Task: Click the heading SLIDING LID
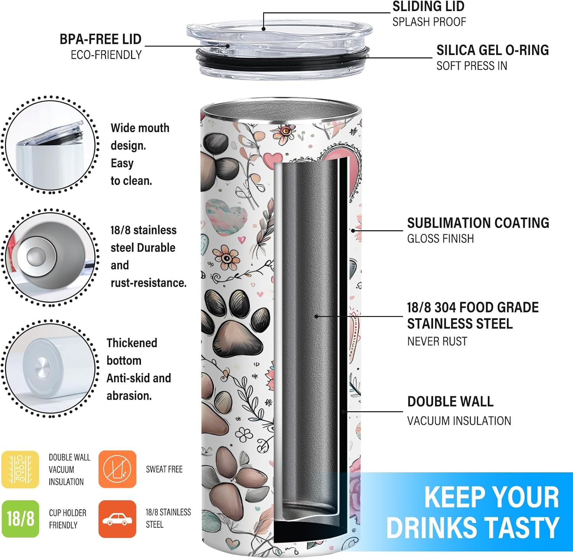[x=428, y=6]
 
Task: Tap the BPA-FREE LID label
[x=100, y=39]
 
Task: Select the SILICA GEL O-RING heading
[x=492, y=50]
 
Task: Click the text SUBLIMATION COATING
[x=478, y=223]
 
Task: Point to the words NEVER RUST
[x=437, y=341]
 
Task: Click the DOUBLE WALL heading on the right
[x=450, y=401]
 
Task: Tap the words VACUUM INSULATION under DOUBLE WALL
[x=459, y=421]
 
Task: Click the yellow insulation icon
[x=20, y=469]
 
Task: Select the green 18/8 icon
[x=20, y=519]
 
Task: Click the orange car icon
[x=117, y=519]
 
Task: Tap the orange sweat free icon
[x=117, y=469]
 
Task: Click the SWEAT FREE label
[x=164, y=469]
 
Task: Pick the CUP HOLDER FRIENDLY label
[x=68, y=519]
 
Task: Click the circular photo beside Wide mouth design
[x=50, y=145]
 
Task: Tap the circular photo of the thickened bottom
[x=50, y=368]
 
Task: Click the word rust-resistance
[x=149, y=283]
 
